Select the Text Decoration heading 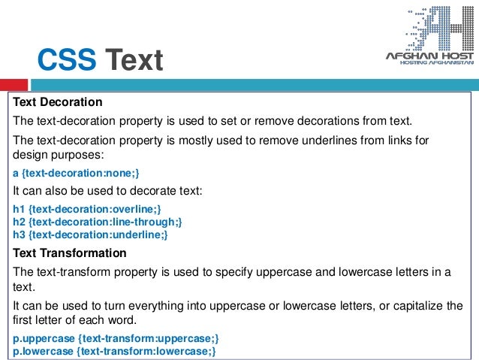tap(58, 102)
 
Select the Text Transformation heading tap(70, 253)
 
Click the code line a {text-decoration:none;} tap(77, 173)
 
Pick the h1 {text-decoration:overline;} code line tap(87, 208)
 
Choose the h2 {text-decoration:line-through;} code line tap(97, 222)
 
